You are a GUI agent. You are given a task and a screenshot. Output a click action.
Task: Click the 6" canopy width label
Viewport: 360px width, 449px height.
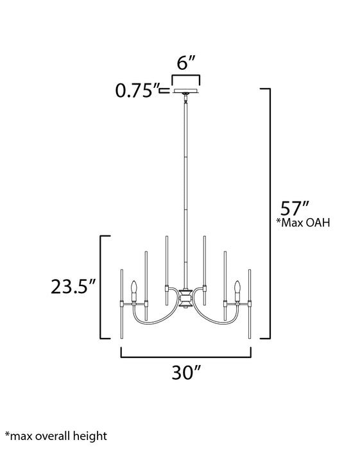point(185,63)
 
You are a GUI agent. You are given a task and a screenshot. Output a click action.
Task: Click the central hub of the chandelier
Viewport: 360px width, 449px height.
point(185,299)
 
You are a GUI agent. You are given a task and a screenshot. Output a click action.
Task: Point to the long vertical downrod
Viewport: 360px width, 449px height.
point(185,192)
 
